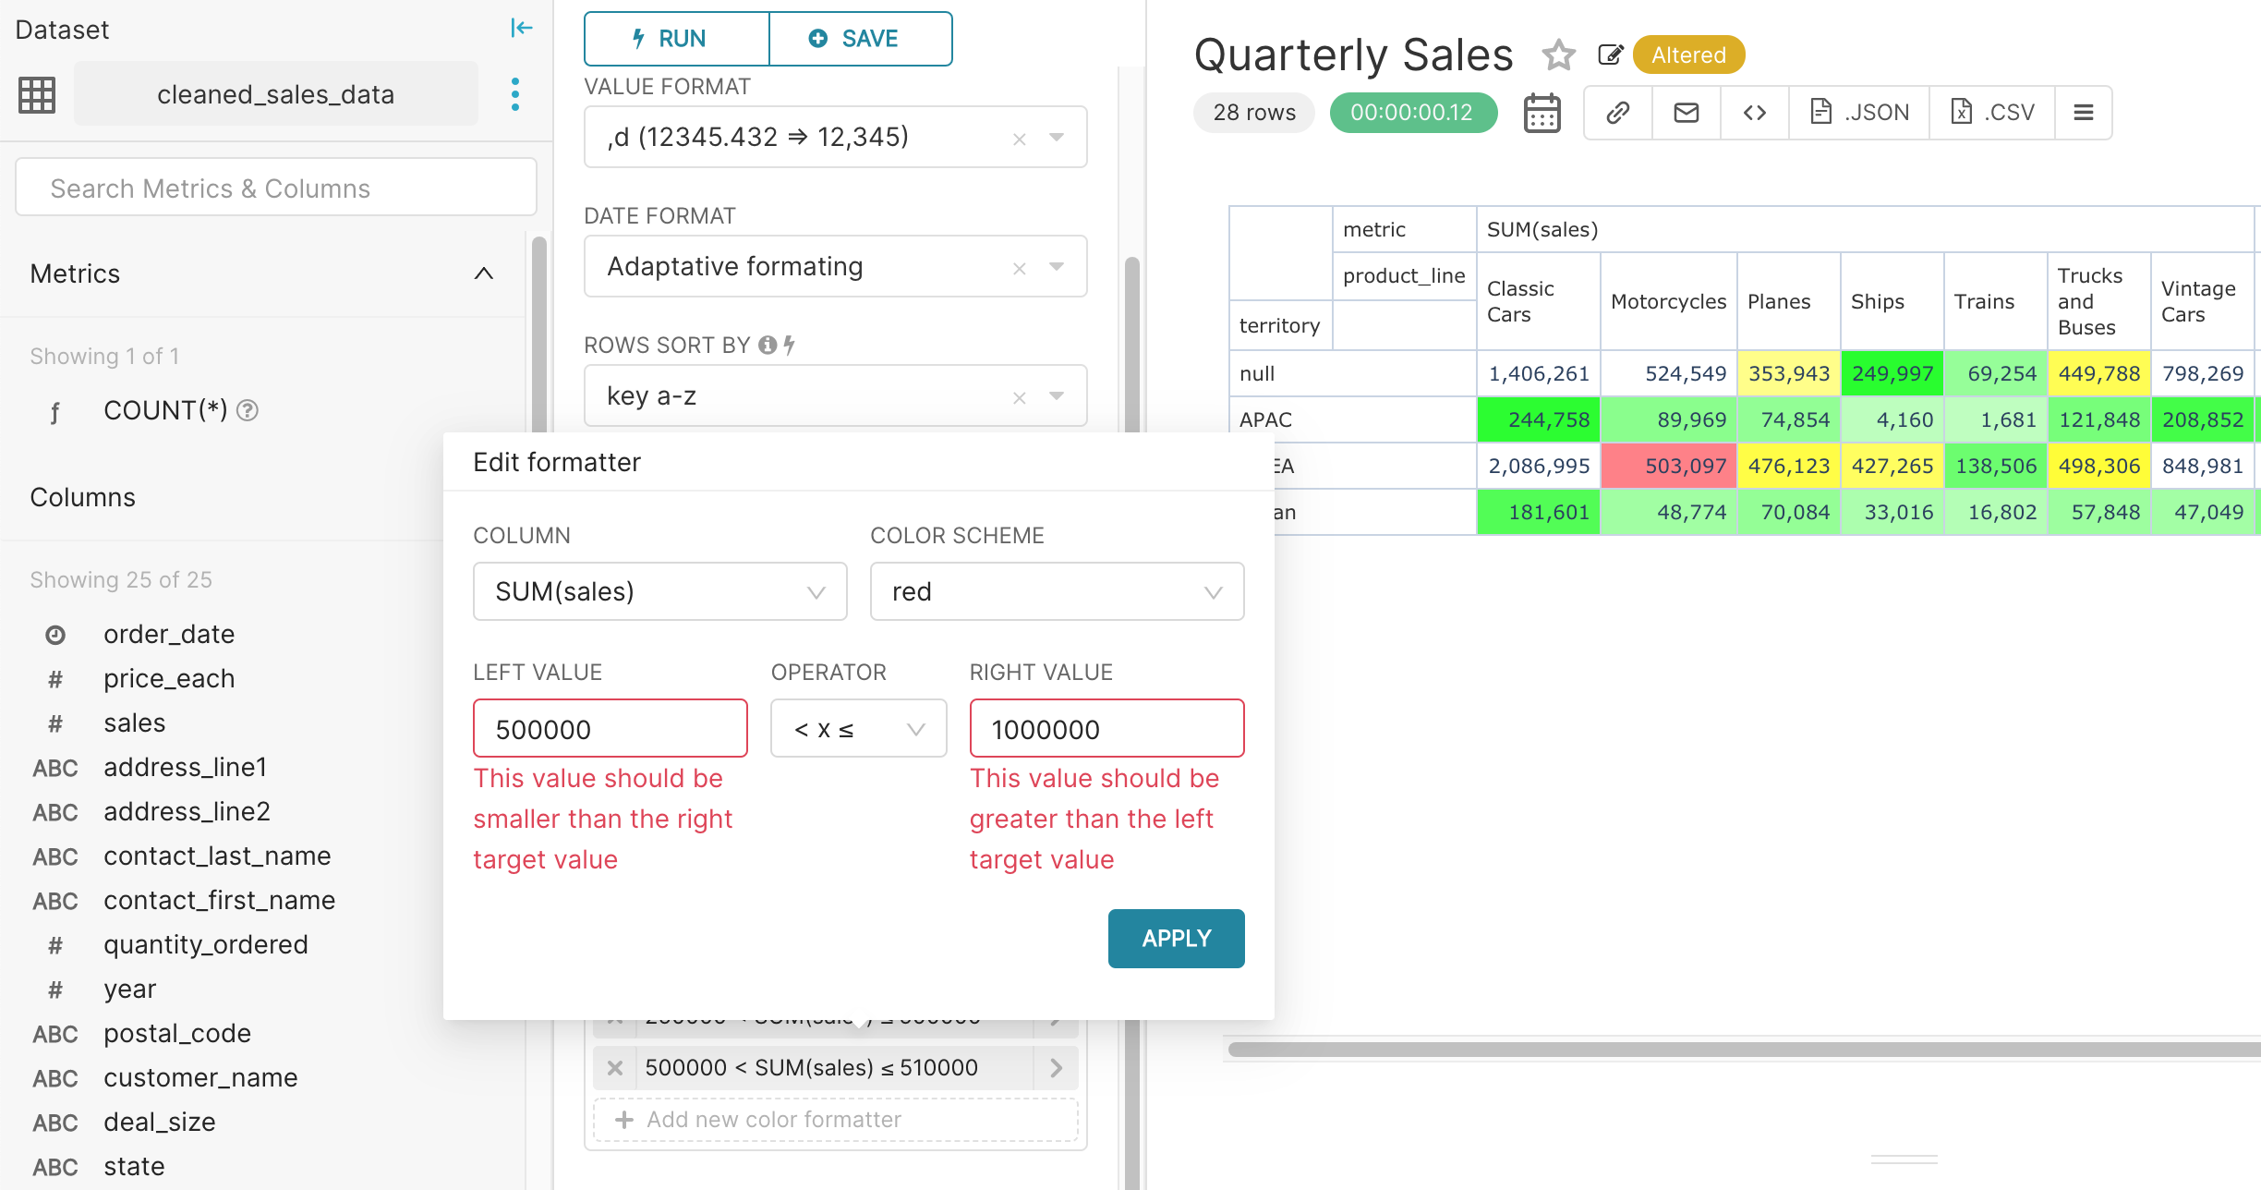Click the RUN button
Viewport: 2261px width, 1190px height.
pos(676,39)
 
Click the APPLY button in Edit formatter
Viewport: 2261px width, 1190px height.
pos(1175,938)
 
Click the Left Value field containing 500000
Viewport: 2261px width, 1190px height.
pos(610,729)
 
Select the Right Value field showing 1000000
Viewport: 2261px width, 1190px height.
pos(1106,729)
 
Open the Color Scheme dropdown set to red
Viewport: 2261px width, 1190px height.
pos(1056,591)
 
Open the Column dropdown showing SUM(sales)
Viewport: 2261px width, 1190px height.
pos(659,591)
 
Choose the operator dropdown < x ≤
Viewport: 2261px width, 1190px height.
pos(857,729)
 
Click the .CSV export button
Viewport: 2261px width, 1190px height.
pos(1992,113)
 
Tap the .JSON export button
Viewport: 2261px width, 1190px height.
pos(1858,113)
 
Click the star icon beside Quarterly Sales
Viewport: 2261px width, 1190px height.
pos(1558,55)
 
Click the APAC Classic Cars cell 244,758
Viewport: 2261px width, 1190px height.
pos(1538,419)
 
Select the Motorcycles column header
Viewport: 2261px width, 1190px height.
pos(1667,301)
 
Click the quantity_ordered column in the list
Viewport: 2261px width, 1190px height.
pos(205,944)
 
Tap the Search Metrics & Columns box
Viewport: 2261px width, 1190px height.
pos(275,188)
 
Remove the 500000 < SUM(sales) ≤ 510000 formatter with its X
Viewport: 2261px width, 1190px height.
pos(614,1068)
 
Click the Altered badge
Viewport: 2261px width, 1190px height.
pos(1687,55)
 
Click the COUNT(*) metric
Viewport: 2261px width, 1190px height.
pos(164,410)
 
